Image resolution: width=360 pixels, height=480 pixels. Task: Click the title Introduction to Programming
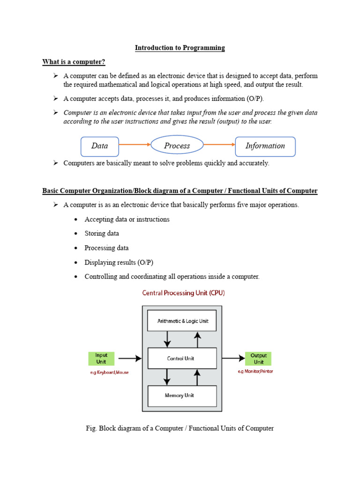180,48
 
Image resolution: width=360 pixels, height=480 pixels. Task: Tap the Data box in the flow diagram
100,146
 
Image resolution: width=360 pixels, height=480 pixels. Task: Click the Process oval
177,146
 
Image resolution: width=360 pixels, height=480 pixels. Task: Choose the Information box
265,146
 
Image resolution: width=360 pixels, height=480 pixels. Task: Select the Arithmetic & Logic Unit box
182,321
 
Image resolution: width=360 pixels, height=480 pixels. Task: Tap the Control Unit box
182,359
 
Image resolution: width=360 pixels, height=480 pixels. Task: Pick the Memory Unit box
182,396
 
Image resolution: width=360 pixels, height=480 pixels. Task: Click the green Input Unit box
101,359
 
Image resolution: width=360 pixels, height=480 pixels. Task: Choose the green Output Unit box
258,359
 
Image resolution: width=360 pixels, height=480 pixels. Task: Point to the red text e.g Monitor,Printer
256,371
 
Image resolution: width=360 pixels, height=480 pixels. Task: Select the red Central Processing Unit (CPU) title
183,293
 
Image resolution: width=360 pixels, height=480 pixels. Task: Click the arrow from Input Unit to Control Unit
130,359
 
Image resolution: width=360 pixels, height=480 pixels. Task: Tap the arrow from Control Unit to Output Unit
233,359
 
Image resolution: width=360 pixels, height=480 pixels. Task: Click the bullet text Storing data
102,233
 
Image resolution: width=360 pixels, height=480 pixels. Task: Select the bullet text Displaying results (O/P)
119,262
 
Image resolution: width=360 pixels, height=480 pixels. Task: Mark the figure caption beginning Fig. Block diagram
180,428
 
